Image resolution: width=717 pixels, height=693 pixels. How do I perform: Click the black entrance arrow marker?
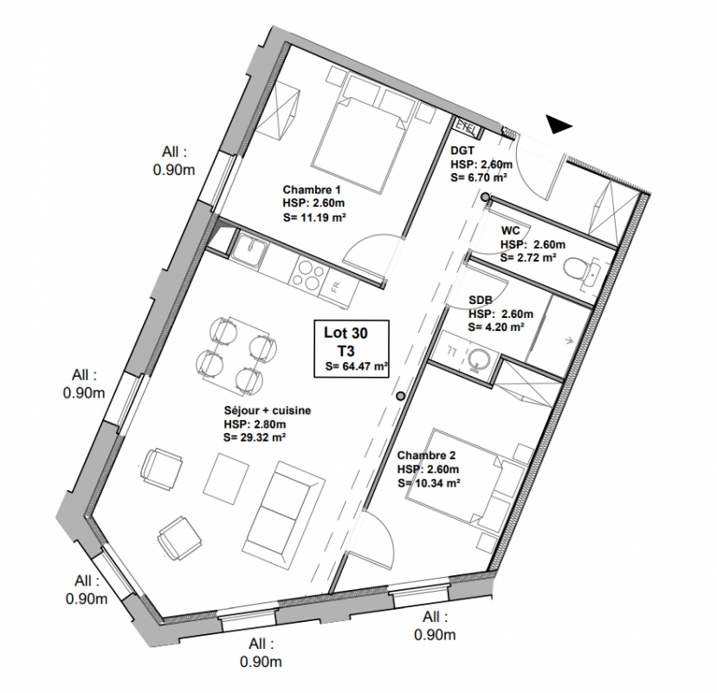(558, 125)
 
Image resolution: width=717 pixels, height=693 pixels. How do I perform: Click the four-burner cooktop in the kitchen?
(307, 274)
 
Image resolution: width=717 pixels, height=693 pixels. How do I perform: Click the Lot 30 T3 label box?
(352, 349)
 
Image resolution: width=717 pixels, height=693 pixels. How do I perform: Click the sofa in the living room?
(283, 508)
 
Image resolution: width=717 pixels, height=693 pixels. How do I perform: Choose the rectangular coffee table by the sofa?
(226, 478)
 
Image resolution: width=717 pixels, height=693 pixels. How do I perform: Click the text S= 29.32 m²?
(255, 437)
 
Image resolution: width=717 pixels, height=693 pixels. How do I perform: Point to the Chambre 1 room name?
(312, 190)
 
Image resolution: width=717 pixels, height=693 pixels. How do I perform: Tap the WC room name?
(511, 230)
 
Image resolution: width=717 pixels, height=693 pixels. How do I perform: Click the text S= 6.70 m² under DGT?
(478, 178)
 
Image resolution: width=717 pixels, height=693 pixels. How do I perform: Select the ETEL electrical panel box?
(468, 126)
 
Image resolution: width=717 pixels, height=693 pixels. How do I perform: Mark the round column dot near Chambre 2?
(401, 396)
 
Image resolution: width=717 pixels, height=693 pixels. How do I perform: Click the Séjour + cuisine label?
(268, 411)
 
